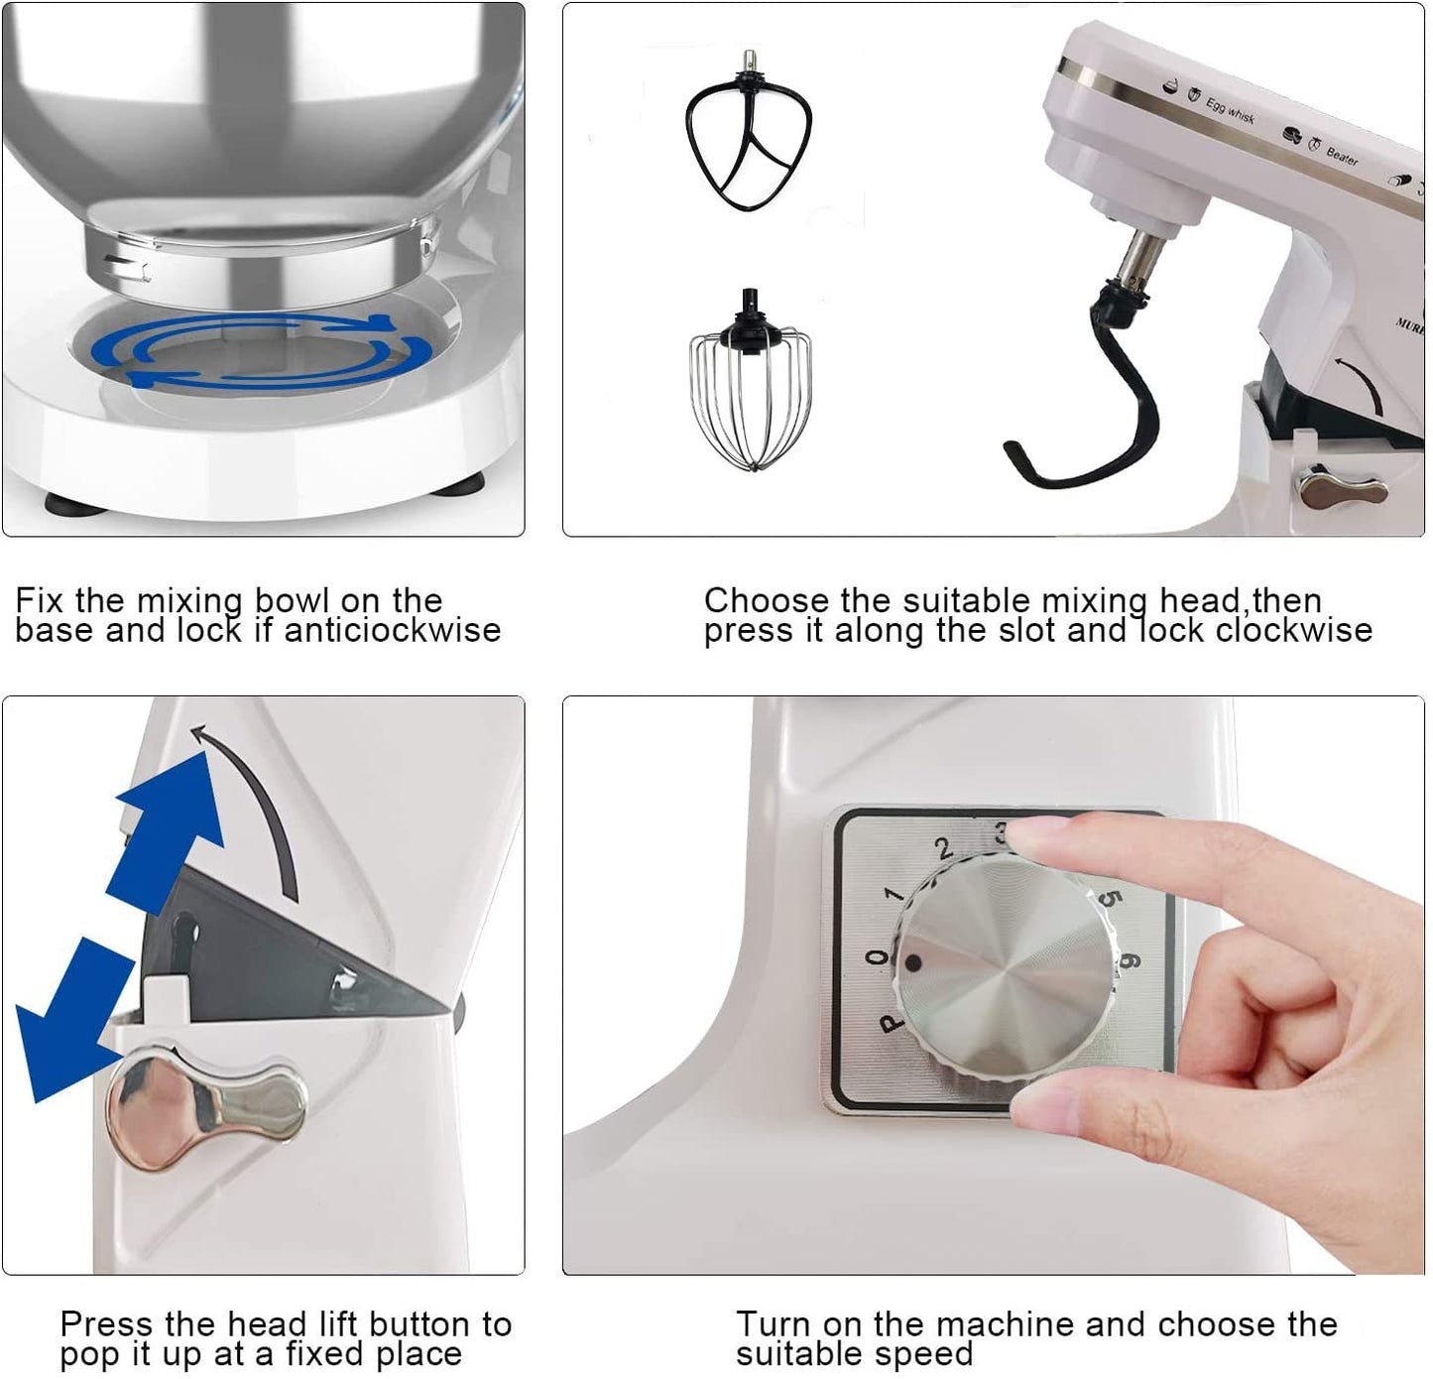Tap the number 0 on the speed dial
click(876, 958)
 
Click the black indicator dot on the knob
click(913, 962)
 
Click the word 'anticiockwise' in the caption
click(393, 630)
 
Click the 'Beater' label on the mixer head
click(1343, 156)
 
